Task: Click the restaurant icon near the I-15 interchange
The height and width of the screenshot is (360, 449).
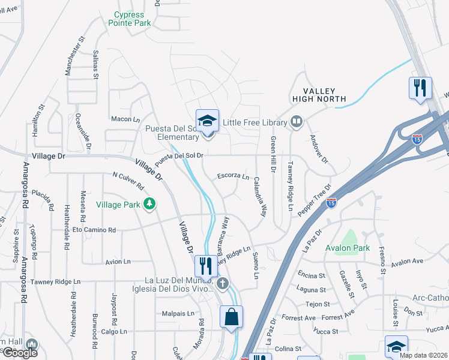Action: (x=420, y=88)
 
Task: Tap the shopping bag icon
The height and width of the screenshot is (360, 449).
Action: (x=231, y=316)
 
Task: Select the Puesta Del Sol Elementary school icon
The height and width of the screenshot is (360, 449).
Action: (x=207, y=120)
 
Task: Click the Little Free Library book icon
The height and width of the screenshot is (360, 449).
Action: (x=295, y=122)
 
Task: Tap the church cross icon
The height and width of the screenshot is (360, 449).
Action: (x=223, y=283)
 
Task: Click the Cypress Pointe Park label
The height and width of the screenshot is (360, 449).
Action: (x=130, y=19)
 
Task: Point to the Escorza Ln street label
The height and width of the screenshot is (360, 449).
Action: (x=233, y=176)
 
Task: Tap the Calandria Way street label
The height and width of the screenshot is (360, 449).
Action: (x=261, y=196)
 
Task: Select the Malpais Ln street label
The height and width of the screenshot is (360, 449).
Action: (x=178, y=313)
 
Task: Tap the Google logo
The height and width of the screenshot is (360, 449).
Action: (x=19, y=352)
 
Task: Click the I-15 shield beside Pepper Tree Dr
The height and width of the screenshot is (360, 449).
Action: (x=331, y=203)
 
